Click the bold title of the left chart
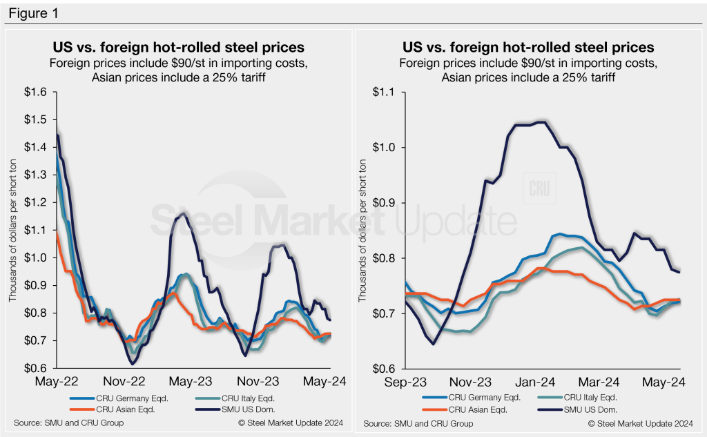(x=179, y=48)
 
